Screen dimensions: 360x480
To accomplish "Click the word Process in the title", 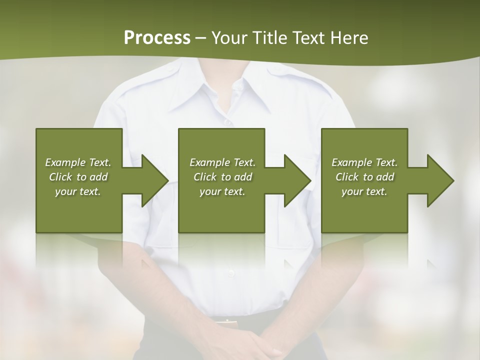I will pyautogui.click(x=157, y=38).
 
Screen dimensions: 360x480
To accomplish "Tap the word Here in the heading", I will pyautogui.click(x=349, y=38).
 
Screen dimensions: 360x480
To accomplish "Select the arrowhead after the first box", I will pyautogui.click(x=152, y=180).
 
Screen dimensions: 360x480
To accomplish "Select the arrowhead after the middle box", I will pyautogui.click(x=295, y=180).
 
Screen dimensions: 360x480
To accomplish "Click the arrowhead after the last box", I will pyautogui.click(x=438, y=180).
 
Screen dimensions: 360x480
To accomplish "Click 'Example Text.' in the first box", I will pyautogui.click(x=78, y=162).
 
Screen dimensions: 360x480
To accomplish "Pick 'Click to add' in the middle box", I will pyautogui.click(x=222, y=177).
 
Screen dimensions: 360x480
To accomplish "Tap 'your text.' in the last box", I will pyautogui.click(x=364, y=191).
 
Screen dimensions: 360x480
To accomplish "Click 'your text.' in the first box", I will pyautogui.click(x=78, y=191).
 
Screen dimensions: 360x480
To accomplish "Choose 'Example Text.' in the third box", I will pyautogui.click(x=364, y=162).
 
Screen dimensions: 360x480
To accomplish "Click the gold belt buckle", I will pyautogui.click(x=226, y=321).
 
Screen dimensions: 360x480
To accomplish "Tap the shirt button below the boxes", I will pyautogui.click(x=230, y=273).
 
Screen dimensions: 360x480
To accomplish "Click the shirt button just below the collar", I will pyautogui.click(x=227, y=121).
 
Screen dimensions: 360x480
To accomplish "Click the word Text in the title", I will pyautogui.click(x=309, y=38).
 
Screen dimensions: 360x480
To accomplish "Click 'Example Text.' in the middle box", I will pyautogui.click(x=222, y=162).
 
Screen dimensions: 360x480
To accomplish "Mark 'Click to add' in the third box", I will pyautogui.click(x=364, y=177).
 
